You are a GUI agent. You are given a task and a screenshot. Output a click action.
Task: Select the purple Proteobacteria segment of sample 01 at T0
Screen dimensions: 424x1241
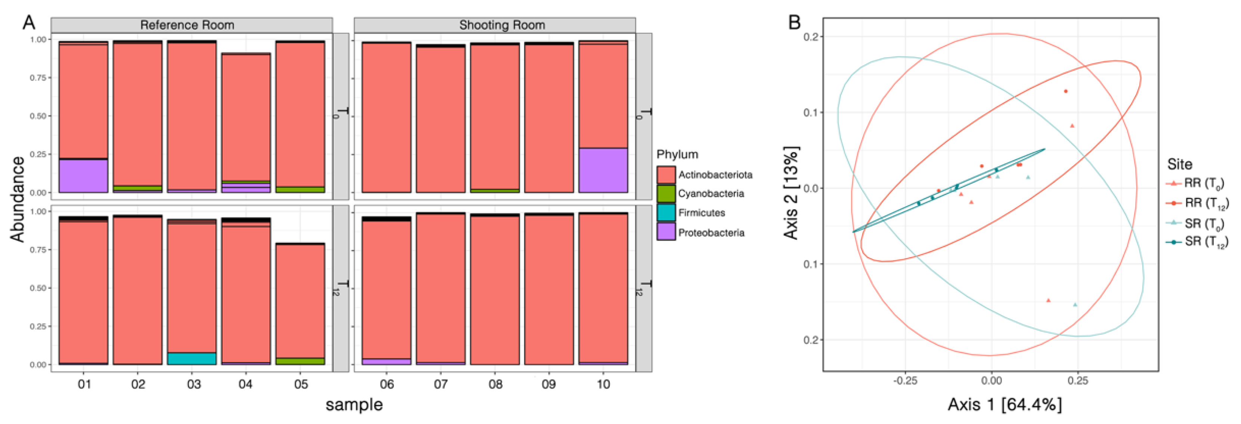(x=83, y=176)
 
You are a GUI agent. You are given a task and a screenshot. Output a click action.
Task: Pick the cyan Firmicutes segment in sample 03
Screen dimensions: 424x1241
(x=192, y=359)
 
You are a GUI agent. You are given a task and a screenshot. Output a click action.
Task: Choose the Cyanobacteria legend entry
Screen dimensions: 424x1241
(x=711, y=194)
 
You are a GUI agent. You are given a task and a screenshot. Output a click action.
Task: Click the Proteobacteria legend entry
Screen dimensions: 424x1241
(x=711, y=233)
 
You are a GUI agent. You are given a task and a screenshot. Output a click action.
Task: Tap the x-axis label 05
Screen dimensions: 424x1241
(x=301, y=384)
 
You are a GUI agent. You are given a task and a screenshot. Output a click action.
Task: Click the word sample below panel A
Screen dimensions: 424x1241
(x=354, y=405)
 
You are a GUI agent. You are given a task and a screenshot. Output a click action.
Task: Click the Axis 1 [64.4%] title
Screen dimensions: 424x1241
(x=1005, y=404)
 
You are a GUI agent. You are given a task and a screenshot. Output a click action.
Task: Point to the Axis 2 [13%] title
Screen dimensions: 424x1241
(x=791, y=193)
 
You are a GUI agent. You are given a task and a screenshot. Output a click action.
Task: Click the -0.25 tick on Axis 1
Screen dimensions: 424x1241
(x=905, y=381)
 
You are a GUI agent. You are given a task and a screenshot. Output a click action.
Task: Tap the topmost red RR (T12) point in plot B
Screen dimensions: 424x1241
(x=1066, y=91)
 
